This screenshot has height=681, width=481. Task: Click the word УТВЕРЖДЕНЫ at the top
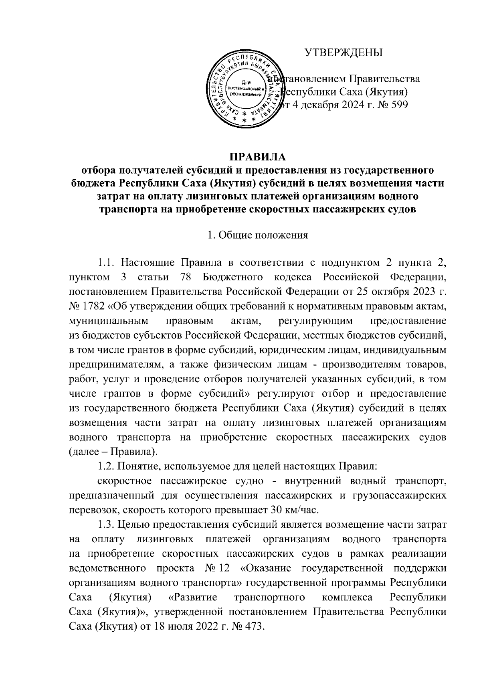[343, 53]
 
